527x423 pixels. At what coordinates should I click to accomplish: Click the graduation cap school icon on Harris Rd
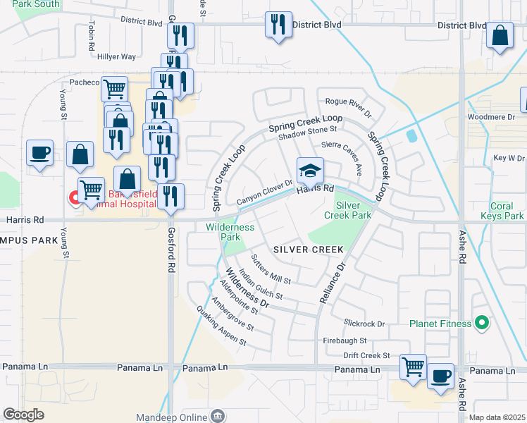309,171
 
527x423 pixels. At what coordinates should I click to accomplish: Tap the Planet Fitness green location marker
482,324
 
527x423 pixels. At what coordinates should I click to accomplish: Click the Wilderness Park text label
230,232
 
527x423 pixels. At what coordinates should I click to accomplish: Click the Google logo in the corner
23,414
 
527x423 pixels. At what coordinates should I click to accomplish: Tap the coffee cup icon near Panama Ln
441,376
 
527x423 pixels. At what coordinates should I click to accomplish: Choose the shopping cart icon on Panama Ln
412,367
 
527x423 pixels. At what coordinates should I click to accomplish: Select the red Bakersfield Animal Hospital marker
73,198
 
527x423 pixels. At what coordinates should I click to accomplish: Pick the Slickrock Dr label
364,324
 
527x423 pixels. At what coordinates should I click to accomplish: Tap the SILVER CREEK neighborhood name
308,250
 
